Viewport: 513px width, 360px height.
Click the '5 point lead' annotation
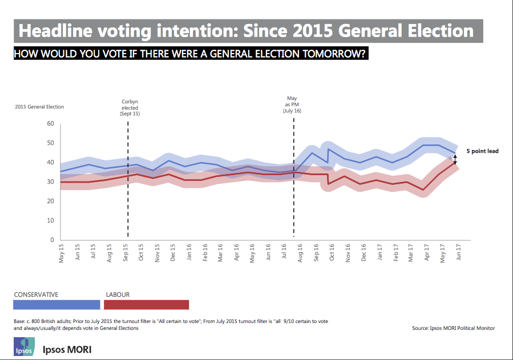coord(482,151)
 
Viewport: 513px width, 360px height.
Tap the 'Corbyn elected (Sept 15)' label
coord(130,108)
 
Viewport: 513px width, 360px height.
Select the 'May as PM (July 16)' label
coord(292,105)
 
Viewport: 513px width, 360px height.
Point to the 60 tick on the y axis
coord(50,124)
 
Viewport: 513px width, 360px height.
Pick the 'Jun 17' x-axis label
coord(458,252)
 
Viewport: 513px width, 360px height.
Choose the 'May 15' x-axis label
coord(62,252)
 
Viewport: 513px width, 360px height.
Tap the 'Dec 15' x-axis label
coord(172,252)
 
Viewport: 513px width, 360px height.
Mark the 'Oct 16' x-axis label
coord(331,252)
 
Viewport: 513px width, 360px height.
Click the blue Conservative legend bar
coord(56,305)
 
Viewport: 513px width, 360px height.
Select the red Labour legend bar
coord(147,305)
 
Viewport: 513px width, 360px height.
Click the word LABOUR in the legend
coord(118,294)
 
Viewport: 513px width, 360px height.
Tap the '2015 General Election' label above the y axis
coord(39,107)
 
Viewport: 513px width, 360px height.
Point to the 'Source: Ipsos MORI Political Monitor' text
coord(453,328)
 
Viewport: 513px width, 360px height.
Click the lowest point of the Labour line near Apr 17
coord(423,189)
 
